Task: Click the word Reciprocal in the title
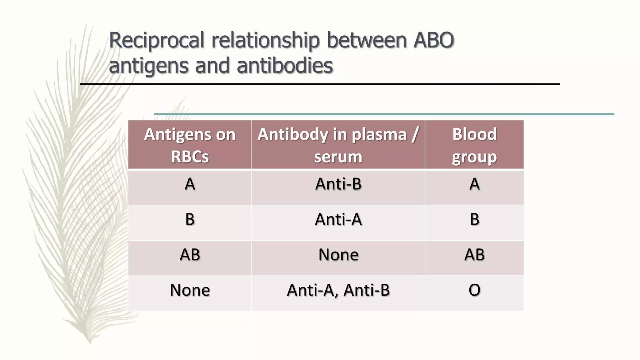click(x=157, y=41)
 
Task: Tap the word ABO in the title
click(x=433, y=41)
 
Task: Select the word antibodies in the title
click(x=285, y=66)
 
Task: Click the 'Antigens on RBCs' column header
click(x=190, y=145)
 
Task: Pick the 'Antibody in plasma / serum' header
click(x=338, y=145)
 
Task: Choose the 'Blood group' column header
click(x=474, y=145)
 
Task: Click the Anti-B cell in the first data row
click(x=338, y=184)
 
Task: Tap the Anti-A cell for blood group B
click(x=338, y=219)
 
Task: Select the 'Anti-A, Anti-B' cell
click(x=338, y=290)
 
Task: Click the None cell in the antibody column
click(x=338, y=255)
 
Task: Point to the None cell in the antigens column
click(x=190, y=290)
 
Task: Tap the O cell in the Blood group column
click(x=474, y=290)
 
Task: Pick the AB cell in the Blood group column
click(x=474, y=255)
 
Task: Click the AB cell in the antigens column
click(x=190, y=255)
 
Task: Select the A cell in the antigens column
click(x=190, y=184)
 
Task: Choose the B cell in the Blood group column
click(x=474, y=219)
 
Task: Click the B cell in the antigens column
click(x=190, y=219)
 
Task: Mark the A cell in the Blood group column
click(x=474, y=184)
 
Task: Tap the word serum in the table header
click(x=338, y=157)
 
